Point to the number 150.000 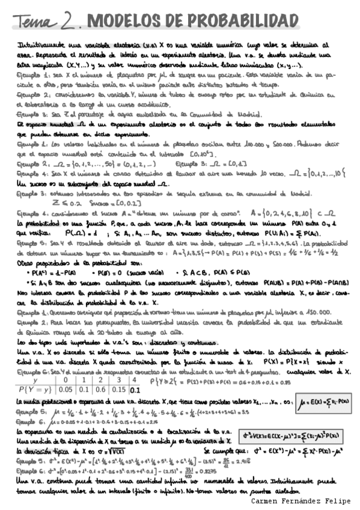(313, 312)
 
